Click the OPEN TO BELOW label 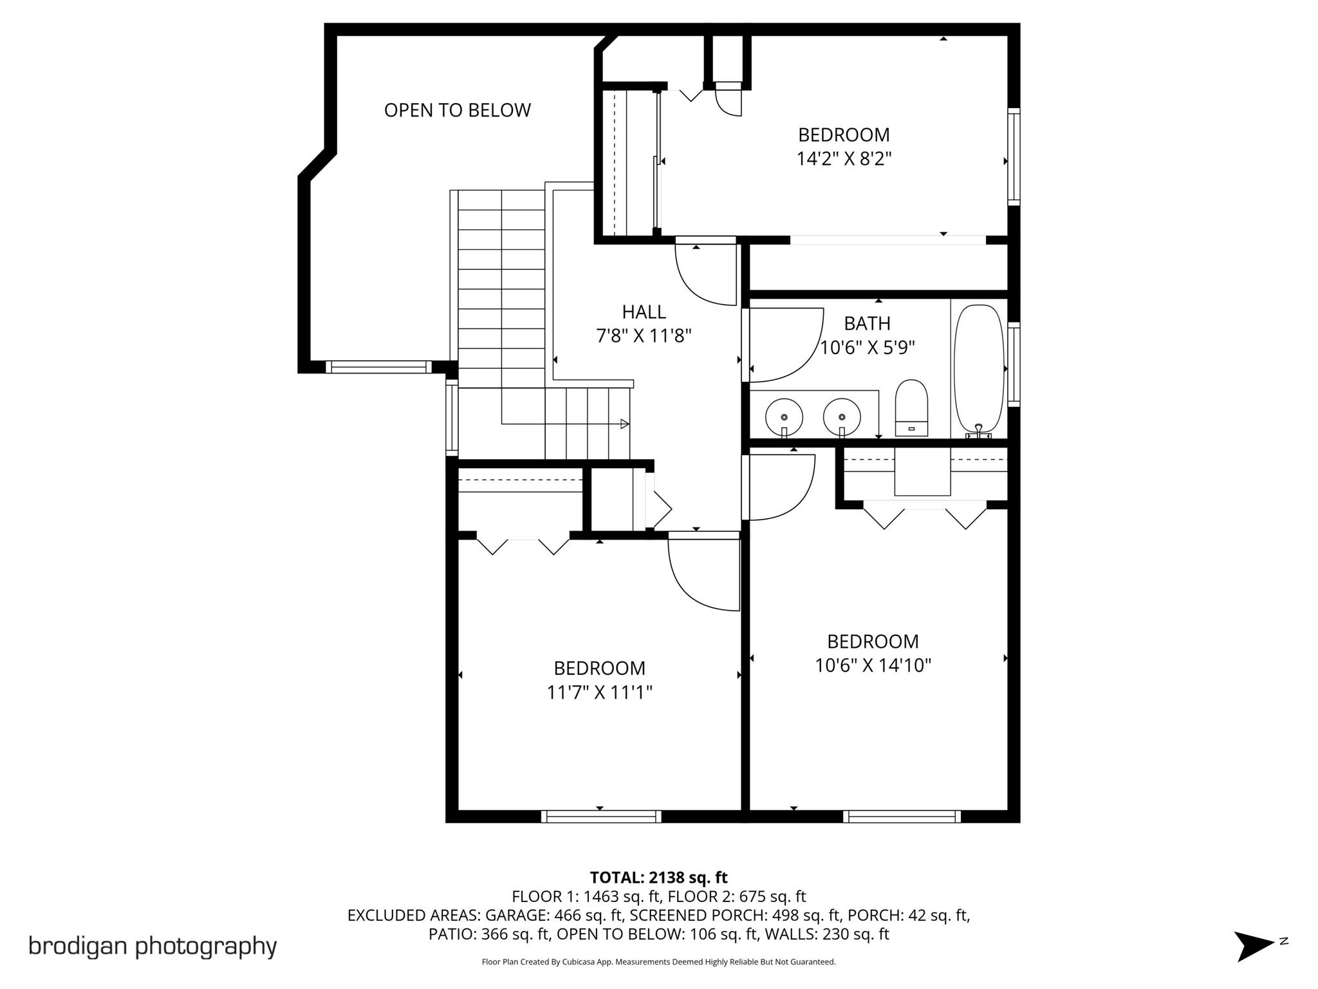coord(457,110)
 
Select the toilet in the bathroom coord(911,408)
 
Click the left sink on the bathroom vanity coord(784,417)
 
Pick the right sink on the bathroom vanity coord(842,417)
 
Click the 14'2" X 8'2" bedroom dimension coord(844,158)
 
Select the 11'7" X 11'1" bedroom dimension coord(599,692)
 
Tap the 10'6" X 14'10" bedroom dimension coord(873,665)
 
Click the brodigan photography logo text coord(153,946)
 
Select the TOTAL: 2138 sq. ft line coord(658,878)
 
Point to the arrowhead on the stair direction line coord(624,424)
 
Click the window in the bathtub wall coord(1014,364)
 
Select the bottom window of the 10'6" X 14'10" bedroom coord(902,816)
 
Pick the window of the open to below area coord(378,367)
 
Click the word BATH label coord(867,323)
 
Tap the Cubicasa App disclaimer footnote coord(658,962)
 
